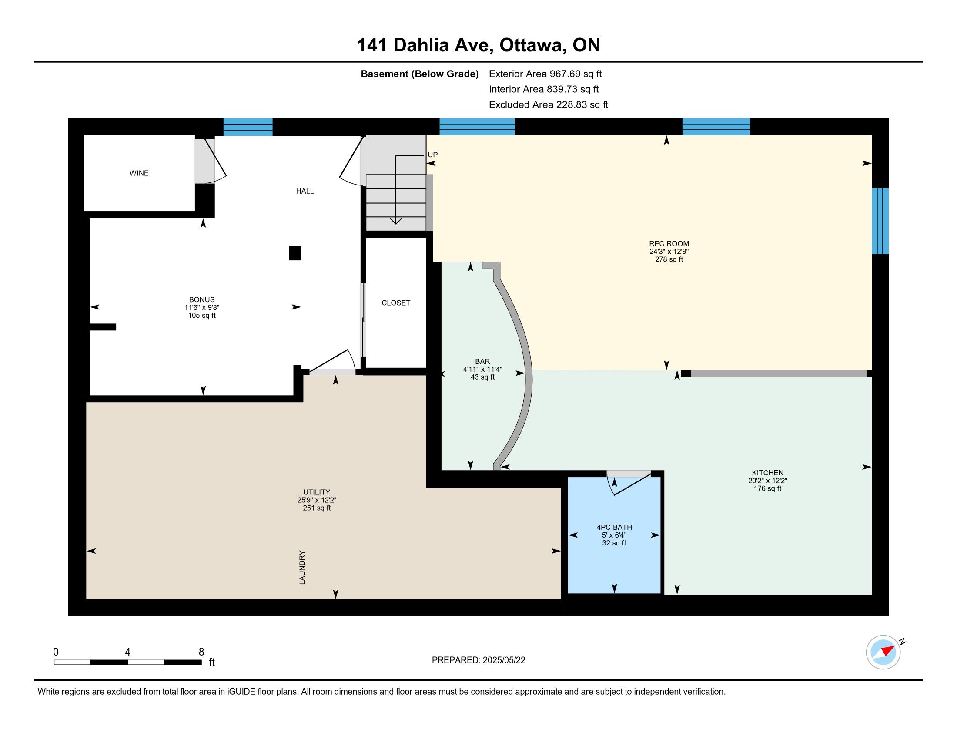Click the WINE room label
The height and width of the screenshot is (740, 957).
(139, 173)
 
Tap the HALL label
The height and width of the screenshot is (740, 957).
(305, 191)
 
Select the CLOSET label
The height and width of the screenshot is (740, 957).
(396, 303)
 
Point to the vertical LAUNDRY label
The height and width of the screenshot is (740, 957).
(302, 567)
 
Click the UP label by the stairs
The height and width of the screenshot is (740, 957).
(432, 155)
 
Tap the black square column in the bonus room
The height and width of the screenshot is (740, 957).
(295, 253)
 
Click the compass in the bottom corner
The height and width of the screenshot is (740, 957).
(883, 653)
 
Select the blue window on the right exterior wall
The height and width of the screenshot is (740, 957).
(880, 222)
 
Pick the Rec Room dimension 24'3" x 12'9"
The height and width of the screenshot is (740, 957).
(669, 252)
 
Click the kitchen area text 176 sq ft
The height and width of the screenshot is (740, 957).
(768, 488)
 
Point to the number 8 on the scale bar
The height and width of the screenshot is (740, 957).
(201, 652)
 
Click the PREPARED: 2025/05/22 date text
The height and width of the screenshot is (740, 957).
(478, 660)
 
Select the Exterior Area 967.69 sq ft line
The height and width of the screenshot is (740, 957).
(545, 74)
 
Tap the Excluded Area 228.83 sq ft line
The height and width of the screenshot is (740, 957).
(549, 104)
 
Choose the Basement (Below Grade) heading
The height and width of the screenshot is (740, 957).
(420, 74)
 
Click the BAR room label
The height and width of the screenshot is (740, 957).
(482, 361)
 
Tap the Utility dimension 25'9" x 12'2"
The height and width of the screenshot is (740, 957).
(317, 500)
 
